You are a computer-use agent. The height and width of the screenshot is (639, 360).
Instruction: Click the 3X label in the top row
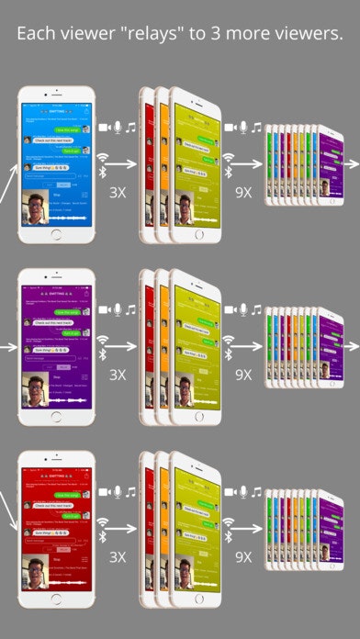coord(118,192)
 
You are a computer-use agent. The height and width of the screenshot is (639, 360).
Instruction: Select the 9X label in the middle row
coord(243,375)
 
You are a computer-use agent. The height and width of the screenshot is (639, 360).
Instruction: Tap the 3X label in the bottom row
coord(118,555)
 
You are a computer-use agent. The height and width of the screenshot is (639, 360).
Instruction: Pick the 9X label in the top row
coord(243,192)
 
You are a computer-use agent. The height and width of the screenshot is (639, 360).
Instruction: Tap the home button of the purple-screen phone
coord(57,418)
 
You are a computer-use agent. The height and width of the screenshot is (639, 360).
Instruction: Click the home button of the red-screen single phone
coord(57,600)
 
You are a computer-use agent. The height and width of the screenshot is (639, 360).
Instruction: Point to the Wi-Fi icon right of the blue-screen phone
coord(104,157)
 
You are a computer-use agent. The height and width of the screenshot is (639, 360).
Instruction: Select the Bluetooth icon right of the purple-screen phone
coord(103,354)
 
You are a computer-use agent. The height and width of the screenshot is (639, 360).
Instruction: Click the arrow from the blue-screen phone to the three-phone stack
coord(120,165)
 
